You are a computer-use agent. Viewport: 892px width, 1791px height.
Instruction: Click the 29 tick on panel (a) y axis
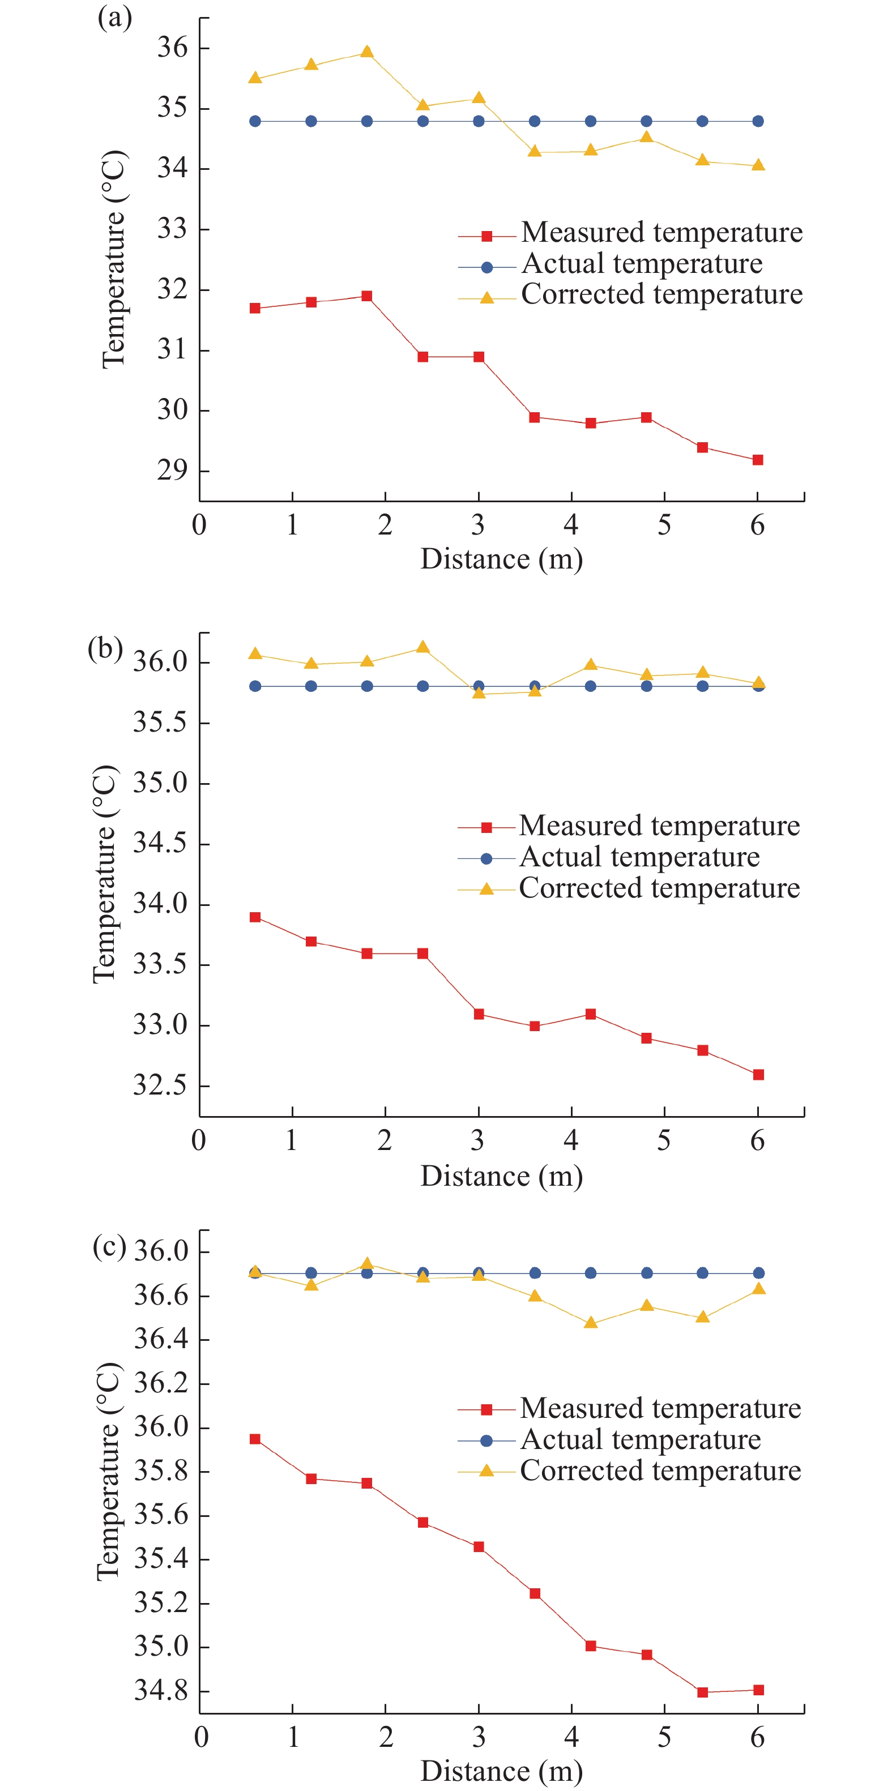[172, 471]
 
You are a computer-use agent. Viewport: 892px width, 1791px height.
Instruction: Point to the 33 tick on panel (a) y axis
[172, 229]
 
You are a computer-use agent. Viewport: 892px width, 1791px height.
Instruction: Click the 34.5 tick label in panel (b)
[160, 843]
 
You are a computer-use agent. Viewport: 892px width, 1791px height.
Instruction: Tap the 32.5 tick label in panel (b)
[160, 1085]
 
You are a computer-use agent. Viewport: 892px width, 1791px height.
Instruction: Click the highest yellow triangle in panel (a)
[367, 52]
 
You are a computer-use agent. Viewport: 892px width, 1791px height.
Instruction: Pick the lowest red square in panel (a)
[758, 460]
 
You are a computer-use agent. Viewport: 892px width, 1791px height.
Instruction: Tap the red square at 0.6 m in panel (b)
[255, 917]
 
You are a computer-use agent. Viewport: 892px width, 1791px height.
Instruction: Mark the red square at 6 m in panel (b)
[758, 1074]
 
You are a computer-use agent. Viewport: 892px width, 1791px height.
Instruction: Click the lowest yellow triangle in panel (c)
[591, 1322]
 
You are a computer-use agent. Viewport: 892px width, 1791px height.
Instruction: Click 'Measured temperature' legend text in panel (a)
[661, 232]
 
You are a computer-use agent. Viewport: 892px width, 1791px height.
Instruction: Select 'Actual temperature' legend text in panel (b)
[639, 857]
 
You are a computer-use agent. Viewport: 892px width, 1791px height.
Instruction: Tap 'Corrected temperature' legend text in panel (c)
[660, 1470]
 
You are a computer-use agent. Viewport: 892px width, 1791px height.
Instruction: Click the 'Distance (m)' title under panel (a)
[501, 559]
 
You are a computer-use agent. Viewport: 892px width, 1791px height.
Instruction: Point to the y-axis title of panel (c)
[109, 1471]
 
